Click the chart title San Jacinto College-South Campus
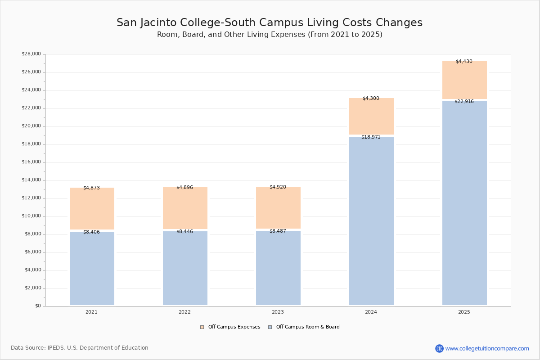(270, 23)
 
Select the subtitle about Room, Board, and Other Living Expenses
(270, 35)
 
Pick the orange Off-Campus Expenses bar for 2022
(185, 208)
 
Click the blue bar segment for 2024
(371, 220)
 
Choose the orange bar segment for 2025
(464, 80)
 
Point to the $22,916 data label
(464, 102)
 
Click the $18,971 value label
(371, 137)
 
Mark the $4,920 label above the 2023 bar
(278, 187)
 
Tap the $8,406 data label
(91, 232)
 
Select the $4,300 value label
(371, 99)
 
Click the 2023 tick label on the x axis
(278, 312)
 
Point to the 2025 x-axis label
(464, 312)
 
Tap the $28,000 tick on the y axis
(31, 54)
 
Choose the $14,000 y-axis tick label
(31, 180)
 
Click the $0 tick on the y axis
(38, 306)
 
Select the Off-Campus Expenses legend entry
(230, 327)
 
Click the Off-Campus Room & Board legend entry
(304, 327)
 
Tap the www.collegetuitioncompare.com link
(487, 348)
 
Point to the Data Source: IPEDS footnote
(80, 348)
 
